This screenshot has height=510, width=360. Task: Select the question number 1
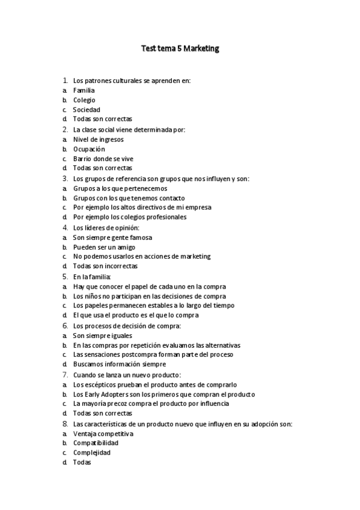65,80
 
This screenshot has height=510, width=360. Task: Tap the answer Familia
84,90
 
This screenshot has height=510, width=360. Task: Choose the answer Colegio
84,100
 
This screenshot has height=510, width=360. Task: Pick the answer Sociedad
87,109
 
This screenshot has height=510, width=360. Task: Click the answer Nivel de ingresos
99,139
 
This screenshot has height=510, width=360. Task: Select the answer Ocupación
89,149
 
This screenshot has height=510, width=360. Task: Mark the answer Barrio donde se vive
103,158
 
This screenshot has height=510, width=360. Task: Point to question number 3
65,178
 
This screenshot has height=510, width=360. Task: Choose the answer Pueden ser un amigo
104,247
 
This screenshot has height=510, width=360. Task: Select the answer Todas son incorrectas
105,266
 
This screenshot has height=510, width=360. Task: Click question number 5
65,276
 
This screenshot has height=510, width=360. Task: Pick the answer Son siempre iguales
102,335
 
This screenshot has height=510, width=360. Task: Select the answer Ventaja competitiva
103,433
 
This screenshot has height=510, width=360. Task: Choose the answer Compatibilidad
96,443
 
